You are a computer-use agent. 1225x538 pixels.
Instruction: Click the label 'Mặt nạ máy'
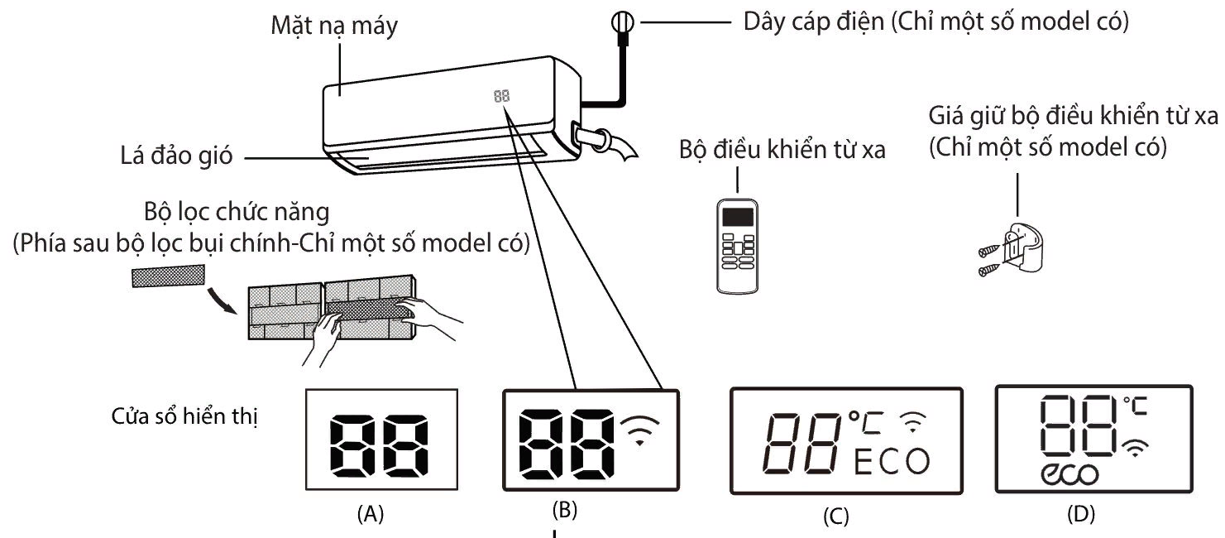coord(336,26)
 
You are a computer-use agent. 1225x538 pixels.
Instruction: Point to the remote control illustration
coord(739,246)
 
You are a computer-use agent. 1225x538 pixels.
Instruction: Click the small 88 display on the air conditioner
coord(502,95)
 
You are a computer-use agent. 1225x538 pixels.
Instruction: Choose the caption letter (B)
coord(564,512)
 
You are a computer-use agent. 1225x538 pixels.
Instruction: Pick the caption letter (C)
coord(837,514)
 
